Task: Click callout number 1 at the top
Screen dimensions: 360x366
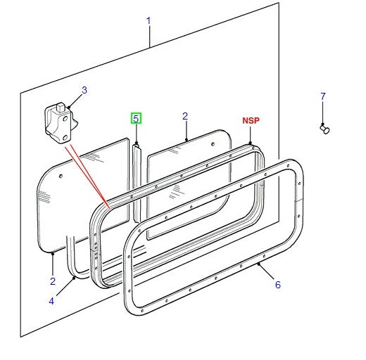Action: pyautogui.click(x=149, y=21)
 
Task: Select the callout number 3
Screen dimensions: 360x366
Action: pyautogui.click(x=84, y=90)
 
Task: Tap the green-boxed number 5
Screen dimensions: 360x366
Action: pyautogui.click(x=136, y=118)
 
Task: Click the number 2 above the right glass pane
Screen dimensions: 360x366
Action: pyautogui.click(x=185, y=116)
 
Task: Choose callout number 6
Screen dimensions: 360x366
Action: pyautogui.click(x=277, y=285)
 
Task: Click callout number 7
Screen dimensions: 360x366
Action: pyautogui.click(x=323, y=96)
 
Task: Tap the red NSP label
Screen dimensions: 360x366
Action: pyautogui.click(x=251, y=121)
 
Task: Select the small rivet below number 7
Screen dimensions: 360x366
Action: pyautogui.click(x=325, y=129)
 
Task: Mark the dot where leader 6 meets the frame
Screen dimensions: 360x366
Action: pyautogui.click(x=260, y=266)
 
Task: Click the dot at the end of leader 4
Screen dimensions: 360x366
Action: pyautogui.click(x=75, y=278)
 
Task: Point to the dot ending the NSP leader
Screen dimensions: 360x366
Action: pyautogui.click(x=251, y=146)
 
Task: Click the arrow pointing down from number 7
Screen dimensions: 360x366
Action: pyautogui.click(x=323, y=112)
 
